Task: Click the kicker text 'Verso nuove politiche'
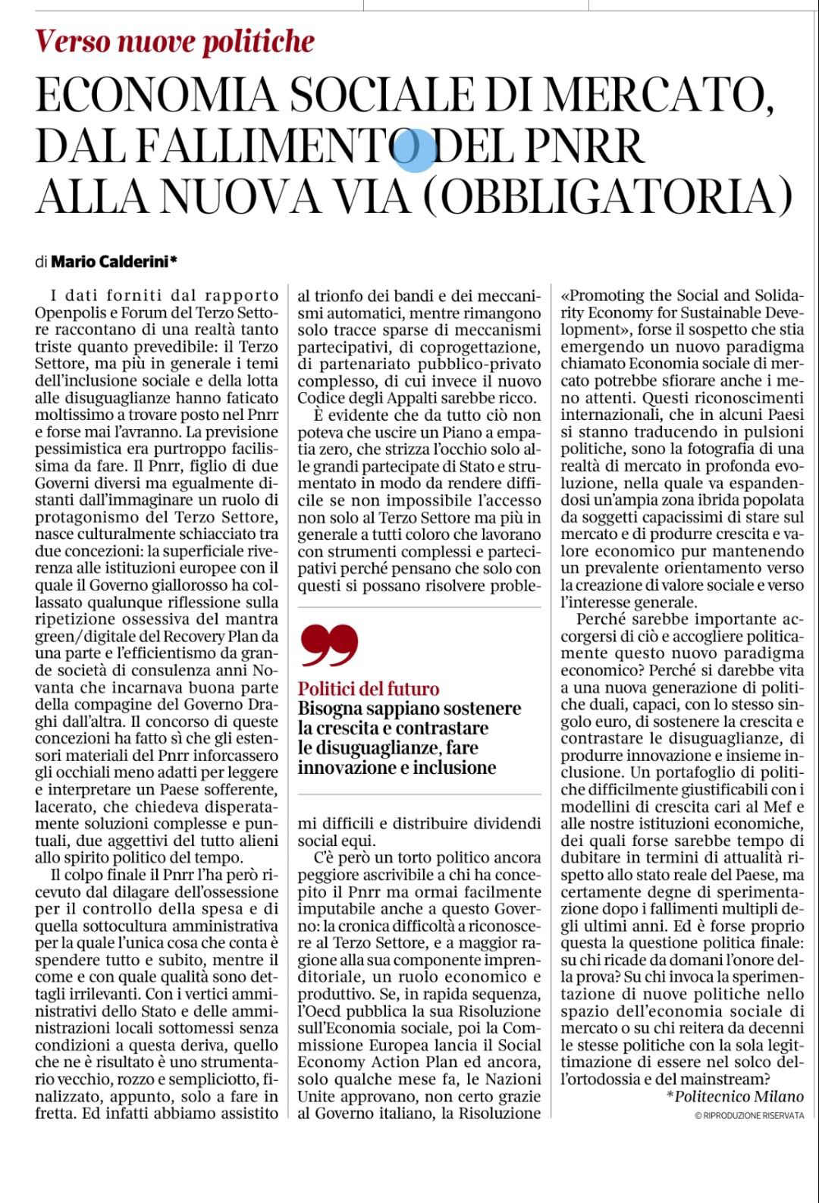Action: click(x=175, y=40)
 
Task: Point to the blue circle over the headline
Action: click(x=416, y=149)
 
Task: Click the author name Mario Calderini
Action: click(x=109, y=262)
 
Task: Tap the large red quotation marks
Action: click(x=328, y=645)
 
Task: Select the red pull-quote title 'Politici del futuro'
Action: click(x=369, y=689)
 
